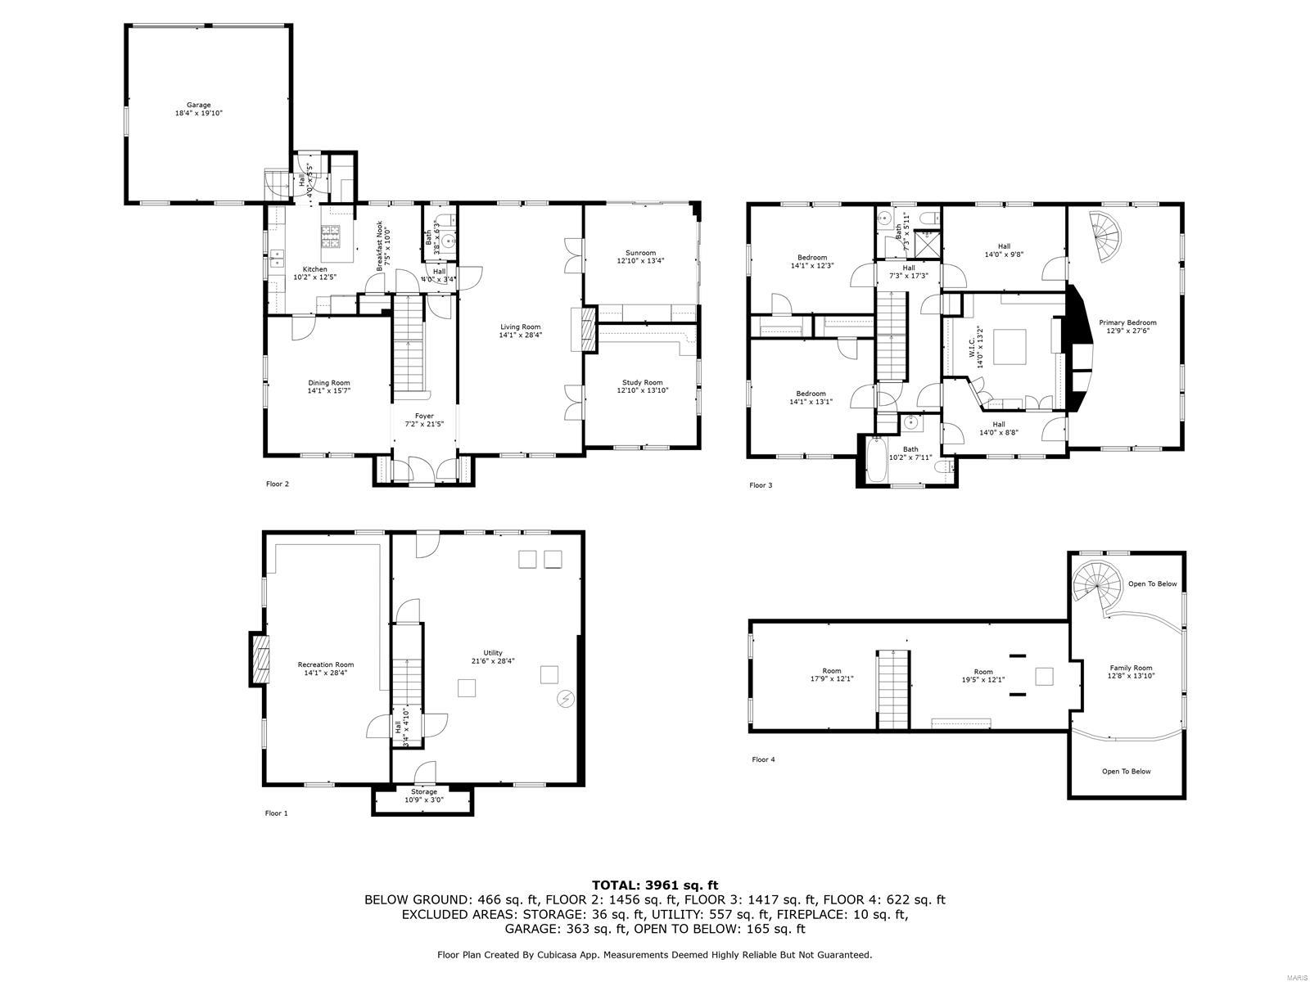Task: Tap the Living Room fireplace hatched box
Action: tap(585, 329)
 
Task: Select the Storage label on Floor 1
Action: tap(424, 791)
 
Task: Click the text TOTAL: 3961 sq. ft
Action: tap(654, 885)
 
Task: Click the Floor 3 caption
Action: tap(761, 485)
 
